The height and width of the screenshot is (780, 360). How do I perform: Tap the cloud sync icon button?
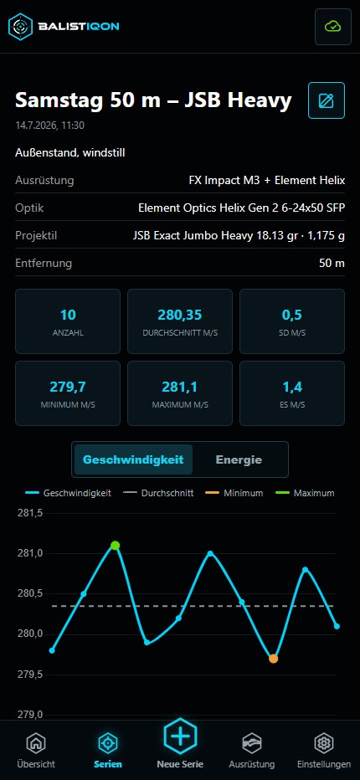point(332,27)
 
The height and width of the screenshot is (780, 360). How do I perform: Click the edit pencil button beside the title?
point(327,100)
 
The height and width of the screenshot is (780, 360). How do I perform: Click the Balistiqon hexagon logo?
point(20,27)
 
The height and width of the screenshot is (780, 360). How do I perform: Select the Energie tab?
point(239,459)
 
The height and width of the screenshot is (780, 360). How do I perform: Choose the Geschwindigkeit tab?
point(133,459)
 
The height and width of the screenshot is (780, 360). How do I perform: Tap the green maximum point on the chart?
point(115,545)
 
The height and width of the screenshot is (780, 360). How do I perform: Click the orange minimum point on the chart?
point(274,659)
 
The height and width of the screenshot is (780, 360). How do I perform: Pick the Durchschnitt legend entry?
point(158,493)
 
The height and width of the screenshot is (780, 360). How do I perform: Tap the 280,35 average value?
point(180,315)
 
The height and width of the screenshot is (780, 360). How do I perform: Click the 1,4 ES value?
point(292,387)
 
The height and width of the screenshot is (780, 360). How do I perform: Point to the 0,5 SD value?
point(292,315)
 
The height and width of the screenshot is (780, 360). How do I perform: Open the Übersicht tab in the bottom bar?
point(36,750)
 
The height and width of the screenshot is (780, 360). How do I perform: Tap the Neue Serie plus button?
point(180,736)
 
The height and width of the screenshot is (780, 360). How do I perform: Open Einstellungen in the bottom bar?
point(324,750)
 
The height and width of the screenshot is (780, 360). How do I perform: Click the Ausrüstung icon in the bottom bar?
point(251,744)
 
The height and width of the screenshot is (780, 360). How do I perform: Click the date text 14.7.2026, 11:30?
point(49,126)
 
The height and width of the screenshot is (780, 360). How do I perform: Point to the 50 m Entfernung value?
point(332,263)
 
